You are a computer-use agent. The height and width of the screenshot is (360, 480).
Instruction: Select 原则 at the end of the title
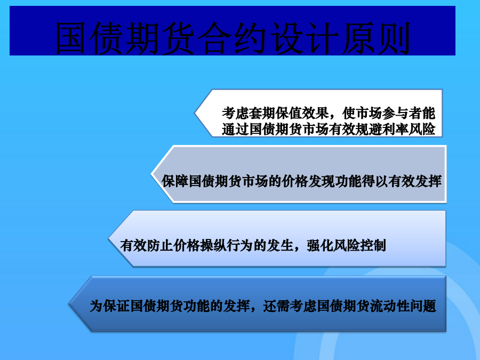(x=376, y=38)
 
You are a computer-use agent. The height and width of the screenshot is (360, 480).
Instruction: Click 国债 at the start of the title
(x=89, y=38)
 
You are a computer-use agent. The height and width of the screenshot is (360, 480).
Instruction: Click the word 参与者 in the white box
(x=402, y=113)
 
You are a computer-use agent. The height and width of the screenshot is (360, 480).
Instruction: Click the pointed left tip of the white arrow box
(x=195, y=113)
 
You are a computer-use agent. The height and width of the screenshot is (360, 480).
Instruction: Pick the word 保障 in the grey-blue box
(x=175, y=181)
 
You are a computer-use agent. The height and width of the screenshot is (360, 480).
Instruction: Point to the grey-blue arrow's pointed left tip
(x=151, y=174)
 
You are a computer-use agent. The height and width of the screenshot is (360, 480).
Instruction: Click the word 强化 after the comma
(x=320, y=245)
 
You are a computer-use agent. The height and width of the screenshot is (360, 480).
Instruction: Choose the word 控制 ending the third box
(x=373, y=245)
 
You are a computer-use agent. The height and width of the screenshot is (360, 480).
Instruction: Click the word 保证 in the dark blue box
(x=116, y=306)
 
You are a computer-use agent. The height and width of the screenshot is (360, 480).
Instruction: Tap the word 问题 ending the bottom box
(x=423, y=306)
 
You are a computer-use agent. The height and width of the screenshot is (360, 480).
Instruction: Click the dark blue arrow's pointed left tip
(x=69, y=304)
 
